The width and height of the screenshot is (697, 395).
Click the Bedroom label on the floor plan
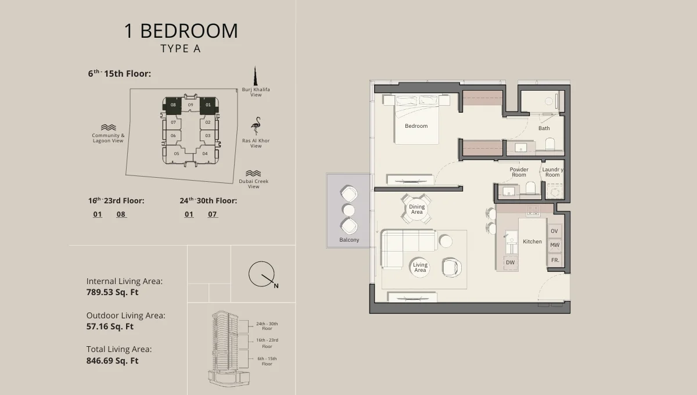(x=416, y=126)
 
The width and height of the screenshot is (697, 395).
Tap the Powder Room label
(x=519, y=172)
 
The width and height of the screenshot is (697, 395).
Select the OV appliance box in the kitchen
(x=554, y=231)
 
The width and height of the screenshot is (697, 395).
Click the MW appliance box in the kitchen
(x=554, y=246)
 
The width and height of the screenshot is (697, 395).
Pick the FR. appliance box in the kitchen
(x=555, y=260)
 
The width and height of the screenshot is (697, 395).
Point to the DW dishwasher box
(x=510, y=263)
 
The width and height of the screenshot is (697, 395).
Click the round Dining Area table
(x=416, y=209)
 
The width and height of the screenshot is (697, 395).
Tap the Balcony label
(x=349, y=240)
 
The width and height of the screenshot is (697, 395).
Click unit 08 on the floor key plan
(x=173, y=105)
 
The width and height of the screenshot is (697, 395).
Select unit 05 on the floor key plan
(x=177, y=154)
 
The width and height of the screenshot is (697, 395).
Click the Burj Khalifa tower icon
(x=255, y=76)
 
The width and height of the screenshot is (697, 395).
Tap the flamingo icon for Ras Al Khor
(x=256, y=126)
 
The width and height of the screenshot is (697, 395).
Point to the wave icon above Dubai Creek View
(x=253, y=173)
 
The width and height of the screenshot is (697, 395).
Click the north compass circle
(x=261, y=274)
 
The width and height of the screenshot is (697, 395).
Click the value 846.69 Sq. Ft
(x=112, y=361)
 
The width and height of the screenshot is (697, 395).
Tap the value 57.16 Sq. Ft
(x=110, y=326)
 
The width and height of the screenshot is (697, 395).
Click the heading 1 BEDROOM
(x=181, y=31)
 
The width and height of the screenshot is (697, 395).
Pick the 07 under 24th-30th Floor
(x=213, y=214)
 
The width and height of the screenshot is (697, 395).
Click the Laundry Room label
(x=552, y=172)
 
